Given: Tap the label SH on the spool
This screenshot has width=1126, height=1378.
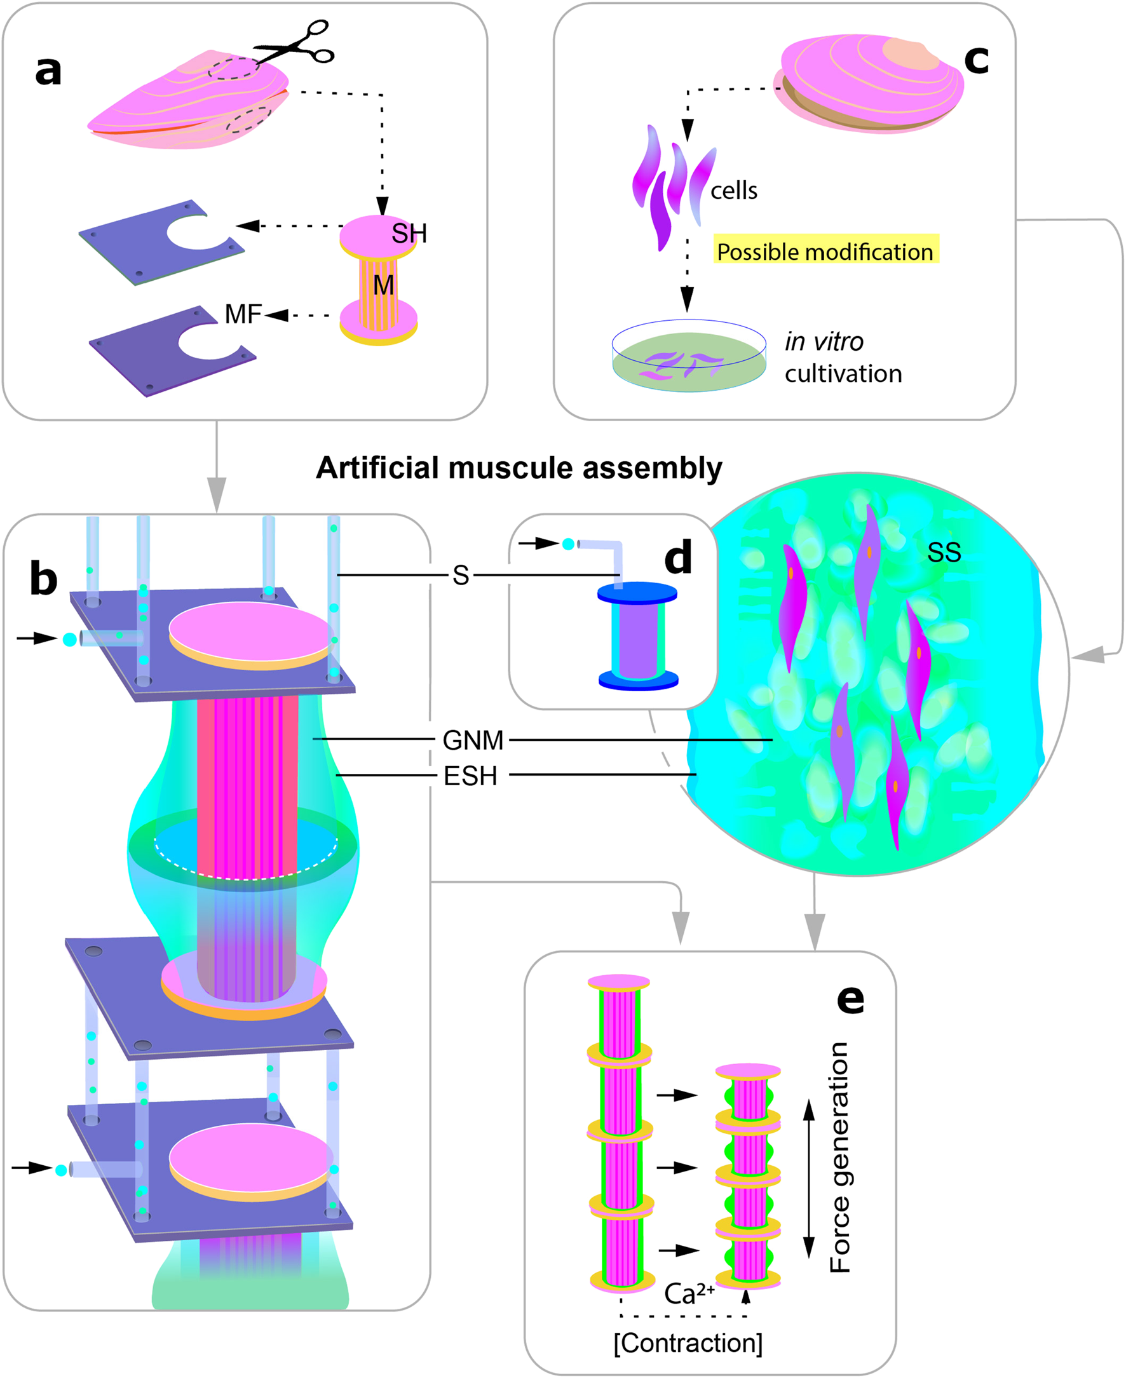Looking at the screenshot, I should (x=409, y=233).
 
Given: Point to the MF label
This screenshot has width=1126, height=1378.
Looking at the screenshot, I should (x=243, y=314).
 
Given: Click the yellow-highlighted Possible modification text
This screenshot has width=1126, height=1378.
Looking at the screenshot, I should (x=825, y=252).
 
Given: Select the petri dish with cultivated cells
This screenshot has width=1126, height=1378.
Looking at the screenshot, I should (x=689, y=356).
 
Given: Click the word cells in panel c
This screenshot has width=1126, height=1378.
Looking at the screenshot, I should (x=733, y=191).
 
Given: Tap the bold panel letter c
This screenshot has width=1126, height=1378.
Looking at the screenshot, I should (x=975, y=60).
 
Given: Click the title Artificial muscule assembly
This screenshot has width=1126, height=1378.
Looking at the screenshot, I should (x=519, y=468).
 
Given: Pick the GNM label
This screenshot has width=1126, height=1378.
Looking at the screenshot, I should (x=473, y=740).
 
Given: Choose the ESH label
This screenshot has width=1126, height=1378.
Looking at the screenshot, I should (x=470, y=776).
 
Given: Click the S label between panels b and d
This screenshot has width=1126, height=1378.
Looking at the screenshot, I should (x=461, y=575).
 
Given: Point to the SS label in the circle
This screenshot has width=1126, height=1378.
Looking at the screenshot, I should (x=944, y=553).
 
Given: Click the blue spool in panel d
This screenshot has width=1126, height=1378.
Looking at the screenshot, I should (x=637, y=636).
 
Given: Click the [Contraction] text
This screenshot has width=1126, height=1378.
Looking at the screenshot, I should (x=688, y=1342).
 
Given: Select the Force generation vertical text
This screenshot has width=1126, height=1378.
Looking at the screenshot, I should (x=839, y=1158).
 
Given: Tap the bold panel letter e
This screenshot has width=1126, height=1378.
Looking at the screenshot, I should (x=850, y=999).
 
